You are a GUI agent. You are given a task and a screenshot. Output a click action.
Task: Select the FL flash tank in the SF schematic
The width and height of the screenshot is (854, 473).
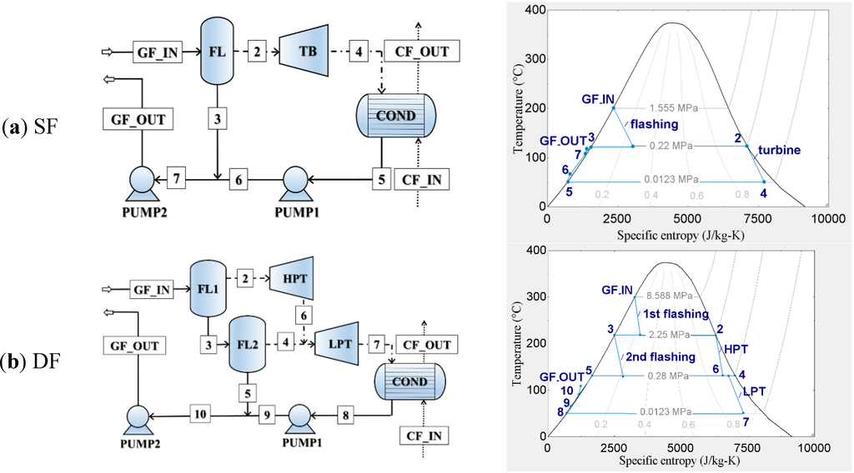tap(217, 52)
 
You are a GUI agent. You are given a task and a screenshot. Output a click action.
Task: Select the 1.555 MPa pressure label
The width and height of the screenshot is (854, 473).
tap(675, 108)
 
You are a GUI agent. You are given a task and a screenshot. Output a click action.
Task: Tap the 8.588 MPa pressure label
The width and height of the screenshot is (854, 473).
tap(668, 296)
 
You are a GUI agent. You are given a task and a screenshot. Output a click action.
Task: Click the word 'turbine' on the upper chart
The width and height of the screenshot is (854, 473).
tap(780, 150)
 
